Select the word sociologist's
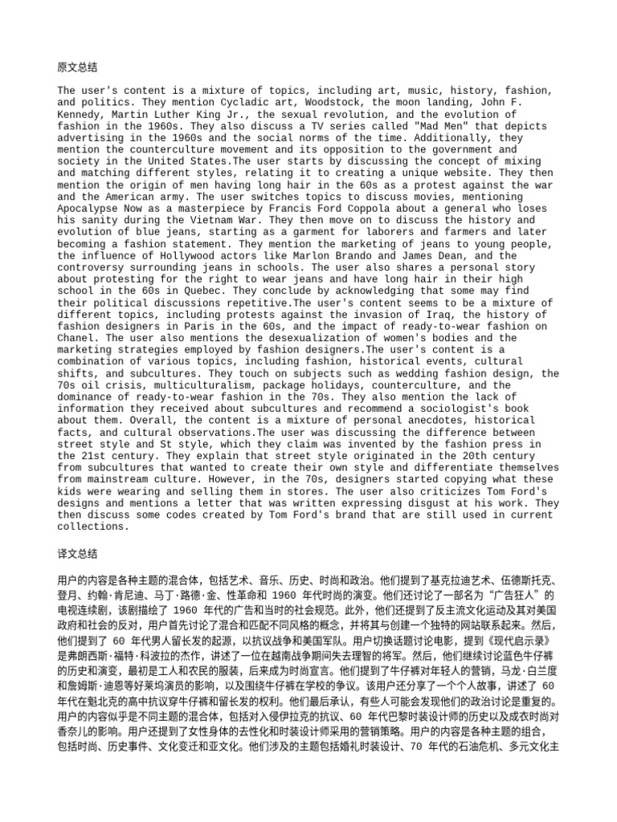(x=431, y=408)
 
